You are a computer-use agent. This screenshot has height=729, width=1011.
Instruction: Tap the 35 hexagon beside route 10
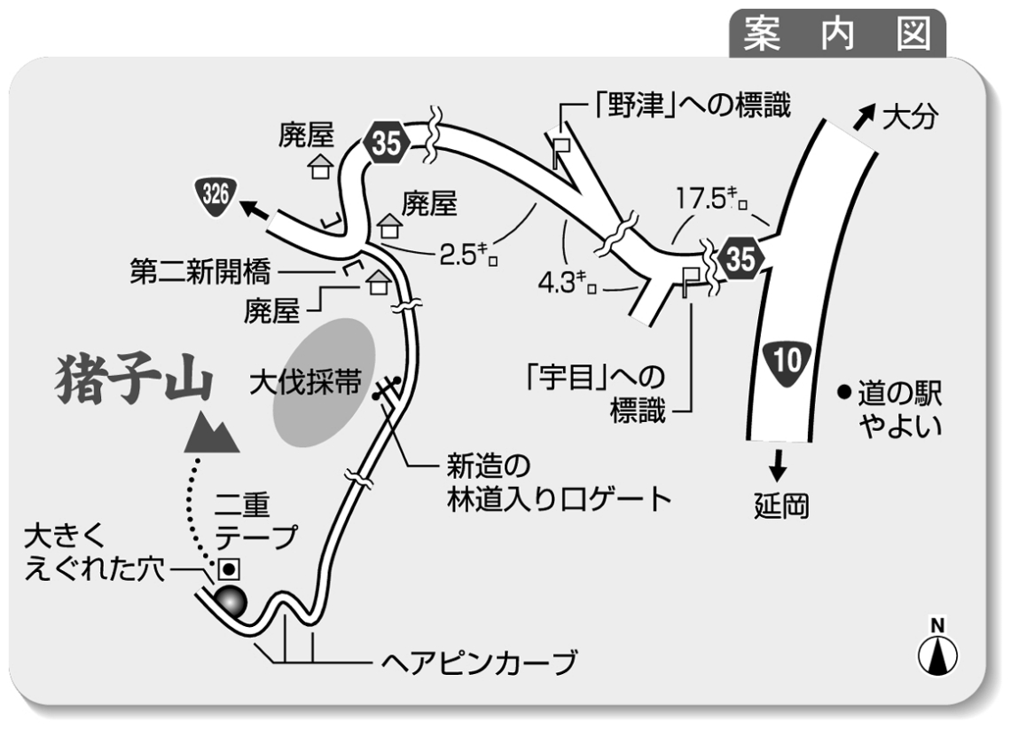(741, 258)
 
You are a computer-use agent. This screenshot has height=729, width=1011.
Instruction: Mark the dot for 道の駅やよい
(844, 391)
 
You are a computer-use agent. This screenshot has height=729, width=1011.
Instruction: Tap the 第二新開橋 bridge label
(200, 269)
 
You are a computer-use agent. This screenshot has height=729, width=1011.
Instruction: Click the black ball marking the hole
(228, 601)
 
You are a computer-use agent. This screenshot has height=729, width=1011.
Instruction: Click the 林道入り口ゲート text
(558, 498)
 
